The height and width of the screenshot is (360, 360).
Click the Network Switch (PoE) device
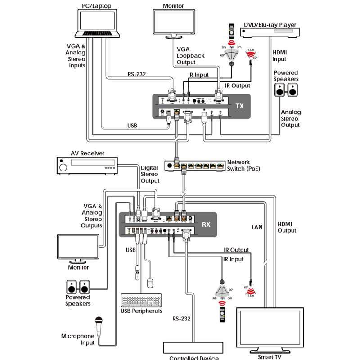tap(193, 165)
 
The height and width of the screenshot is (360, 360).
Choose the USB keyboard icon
tap(141, 301)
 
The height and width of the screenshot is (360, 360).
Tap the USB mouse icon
tap(150, 283)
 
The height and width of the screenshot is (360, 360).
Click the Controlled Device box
tap(193, 348)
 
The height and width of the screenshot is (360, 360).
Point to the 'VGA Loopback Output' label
tap(190, 56)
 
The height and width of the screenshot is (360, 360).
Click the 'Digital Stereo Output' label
tap(150, 174)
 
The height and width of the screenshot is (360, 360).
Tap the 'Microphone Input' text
tap(78, 339)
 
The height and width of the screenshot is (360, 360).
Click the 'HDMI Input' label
tap(279, 56)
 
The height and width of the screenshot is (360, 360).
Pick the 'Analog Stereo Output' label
tap(290, 118)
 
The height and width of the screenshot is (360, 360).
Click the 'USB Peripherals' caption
tap(141, 311)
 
